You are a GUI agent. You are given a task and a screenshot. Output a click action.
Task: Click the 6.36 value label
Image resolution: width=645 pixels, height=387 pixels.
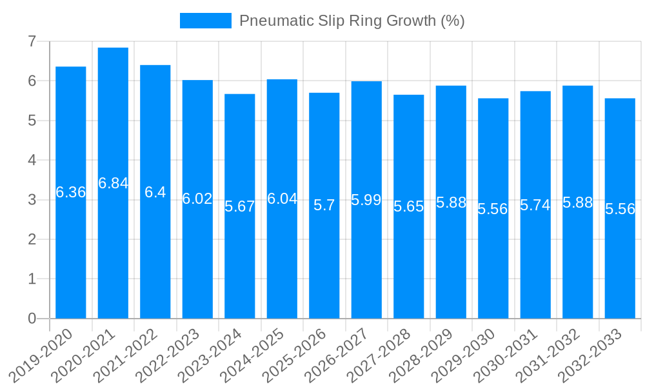point(71,192)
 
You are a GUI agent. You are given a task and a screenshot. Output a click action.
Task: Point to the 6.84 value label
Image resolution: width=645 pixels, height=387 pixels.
point(114,183)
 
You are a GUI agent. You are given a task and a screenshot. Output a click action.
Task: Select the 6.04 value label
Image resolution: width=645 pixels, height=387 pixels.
point(283,199)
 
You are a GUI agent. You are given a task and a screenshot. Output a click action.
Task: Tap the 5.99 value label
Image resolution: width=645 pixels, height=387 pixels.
point(366,200)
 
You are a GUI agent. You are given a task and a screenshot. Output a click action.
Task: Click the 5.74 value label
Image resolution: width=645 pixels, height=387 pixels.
point(535,205)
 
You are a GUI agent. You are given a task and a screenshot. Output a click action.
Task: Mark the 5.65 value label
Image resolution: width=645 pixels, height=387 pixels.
point(409,206)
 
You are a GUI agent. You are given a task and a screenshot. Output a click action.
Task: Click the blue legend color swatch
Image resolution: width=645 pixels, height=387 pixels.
point(205,21)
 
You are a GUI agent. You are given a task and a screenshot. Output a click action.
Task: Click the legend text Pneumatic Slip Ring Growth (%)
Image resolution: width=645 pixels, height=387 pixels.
point(352,21)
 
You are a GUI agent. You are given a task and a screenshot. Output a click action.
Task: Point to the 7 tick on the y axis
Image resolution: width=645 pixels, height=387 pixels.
point(32,41)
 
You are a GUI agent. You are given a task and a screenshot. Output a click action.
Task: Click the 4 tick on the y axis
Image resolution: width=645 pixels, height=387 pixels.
point(32,160)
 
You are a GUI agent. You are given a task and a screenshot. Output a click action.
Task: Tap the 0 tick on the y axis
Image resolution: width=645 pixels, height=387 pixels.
point(32,319)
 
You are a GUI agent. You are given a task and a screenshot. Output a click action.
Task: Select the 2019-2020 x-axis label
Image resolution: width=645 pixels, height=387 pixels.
point(42,355)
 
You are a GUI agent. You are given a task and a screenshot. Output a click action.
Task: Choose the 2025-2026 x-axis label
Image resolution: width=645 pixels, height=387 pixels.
point(295,355)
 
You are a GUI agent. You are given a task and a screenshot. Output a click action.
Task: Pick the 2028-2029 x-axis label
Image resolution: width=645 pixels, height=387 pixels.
point(422,355)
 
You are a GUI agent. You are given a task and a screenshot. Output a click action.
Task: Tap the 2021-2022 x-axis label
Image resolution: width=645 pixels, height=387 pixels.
point(126,355)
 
